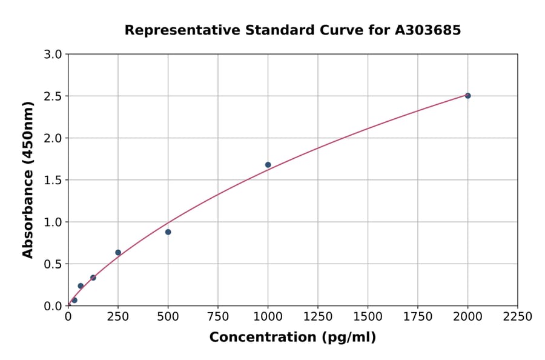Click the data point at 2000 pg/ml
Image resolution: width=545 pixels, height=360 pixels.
[x=467, y=96]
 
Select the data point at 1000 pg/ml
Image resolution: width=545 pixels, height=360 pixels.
[x=268, y=165]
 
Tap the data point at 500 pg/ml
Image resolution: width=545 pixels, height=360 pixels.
[x=168, y=232]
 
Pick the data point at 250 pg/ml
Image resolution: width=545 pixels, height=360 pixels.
[x=118, y=253]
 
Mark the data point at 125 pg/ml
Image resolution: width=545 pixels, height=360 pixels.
[x=93, y=278]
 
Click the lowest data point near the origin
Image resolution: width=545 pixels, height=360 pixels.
[x=74, y=300]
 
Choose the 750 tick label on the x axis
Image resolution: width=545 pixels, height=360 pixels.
[x=218, y=317]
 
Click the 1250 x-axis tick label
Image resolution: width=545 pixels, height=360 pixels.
[x=318, y=317]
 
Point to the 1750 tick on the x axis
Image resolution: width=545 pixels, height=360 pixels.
[x=418, y=317]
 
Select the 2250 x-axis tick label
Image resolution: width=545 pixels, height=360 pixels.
[x=518, y=317]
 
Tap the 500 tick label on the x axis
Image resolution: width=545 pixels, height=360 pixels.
[x=168, y=317]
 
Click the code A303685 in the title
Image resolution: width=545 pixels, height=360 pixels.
[x=428, y=30]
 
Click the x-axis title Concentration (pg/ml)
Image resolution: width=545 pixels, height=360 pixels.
[x=292, y=338]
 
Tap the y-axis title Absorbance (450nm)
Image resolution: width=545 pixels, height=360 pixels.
[x=28, y=179]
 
